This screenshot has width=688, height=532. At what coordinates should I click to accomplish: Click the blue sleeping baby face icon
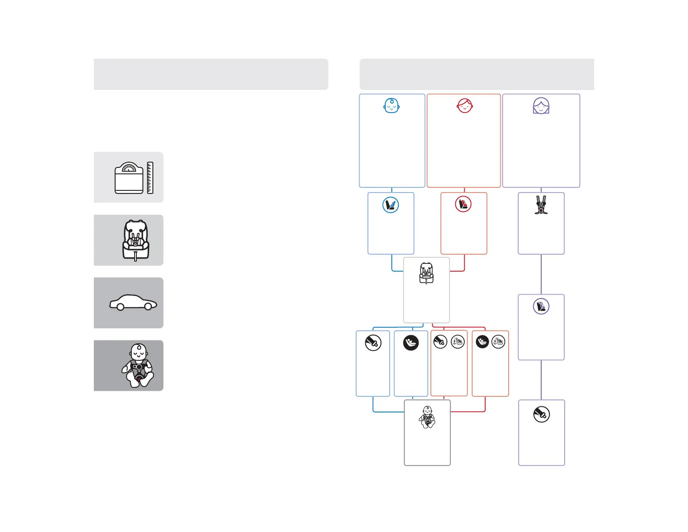click(391, 106)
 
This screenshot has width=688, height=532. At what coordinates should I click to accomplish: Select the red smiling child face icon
click(465, 106)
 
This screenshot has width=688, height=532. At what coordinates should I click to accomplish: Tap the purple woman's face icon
click(541, 106)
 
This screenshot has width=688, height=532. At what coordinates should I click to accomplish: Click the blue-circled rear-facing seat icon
click(391, 205)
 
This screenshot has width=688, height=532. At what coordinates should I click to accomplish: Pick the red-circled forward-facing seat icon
click(463, 204)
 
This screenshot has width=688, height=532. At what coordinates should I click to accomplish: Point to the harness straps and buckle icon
click(541, 205)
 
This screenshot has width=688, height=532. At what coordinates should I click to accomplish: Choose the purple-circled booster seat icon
click(541, 306)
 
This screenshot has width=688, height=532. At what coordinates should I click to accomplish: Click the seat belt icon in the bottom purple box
click(542, 415)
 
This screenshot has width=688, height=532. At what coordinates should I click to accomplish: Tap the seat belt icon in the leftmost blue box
click(373, 342)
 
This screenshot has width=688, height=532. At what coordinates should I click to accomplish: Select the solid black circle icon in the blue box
click(411, 342)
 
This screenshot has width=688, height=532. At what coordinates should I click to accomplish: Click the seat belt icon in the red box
click(440, 342)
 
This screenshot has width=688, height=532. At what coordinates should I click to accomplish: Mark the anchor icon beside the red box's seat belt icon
click(458, 342)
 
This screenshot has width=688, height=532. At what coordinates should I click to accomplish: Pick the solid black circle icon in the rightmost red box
click(482, 342)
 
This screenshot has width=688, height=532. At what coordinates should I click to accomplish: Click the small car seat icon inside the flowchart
click(427, 273)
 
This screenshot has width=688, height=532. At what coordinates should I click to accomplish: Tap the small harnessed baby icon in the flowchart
click(427, 417)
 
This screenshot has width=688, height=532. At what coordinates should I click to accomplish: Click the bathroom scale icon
click(129, 178)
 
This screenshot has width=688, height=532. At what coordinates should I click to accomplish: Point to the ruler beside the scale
click(150, 178)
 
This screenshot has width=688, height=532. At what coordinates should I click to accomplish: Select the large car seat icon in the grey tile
click(136, 240)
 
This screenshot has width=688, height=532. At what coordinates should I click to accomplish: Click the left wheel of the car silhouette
click(121, 307)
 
